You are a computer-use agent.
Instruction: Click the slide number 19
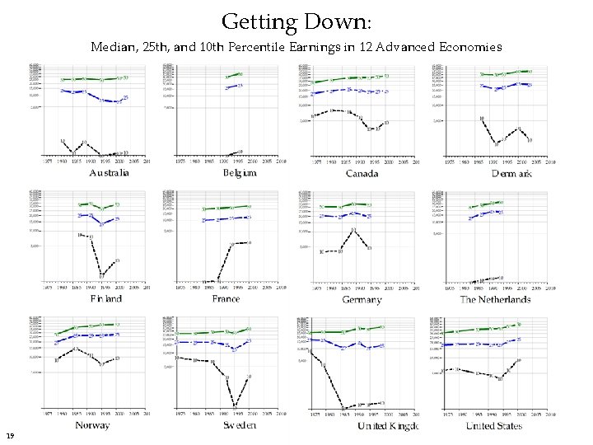point(10,435)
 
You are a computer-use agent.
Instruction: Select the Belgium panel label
point(240,173)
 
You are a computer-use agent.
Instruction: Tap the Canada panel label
point(362,173)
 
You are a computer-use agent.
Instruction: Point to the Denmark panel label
point(511,173)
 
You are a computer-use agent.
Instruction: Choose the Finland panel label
point(106,298)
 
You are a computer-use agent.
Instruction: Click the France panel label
point(226,298)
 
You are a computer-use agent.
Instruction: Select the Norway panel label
point(92,425)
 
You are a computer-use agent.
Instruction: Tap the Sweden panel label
point(239,425)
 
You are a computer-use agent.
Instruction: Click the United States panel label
point(493,425)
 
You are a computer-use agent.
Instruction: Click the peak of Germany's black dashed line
point(353,230)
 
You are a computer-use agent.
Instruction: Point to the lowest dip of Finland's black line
point(102,274)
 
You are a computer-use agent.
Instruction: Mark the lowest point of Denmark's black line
point(496,143)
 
